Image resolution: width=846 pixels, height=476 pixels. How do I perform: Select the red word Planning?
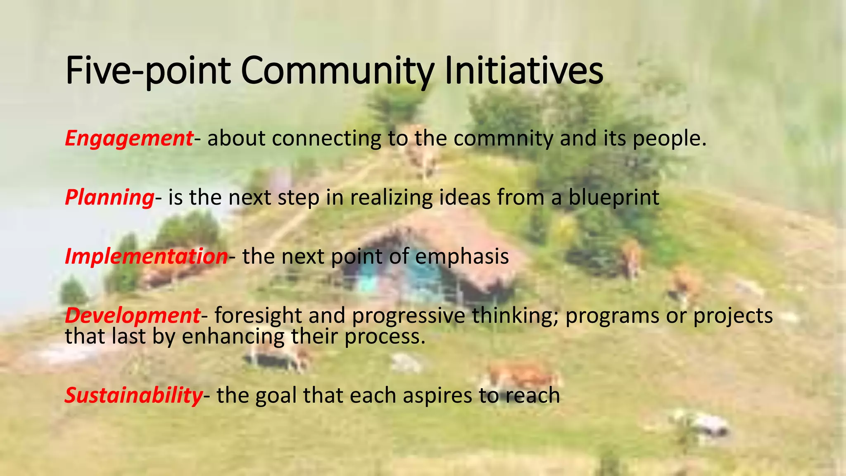point(109,198)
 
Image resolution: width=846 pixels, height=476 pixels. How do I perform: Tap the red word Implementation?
point(146,257)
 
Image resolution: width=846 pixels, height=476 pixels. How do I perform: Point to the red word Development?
point(133,316)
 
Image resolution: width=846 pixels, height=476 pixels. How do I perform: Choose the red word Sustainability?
point(133,395)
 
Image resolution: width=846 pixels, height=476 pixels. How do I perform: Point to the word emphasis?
point(462,257)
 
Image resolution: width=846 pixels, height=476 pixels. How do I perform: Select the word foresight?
point(259,316)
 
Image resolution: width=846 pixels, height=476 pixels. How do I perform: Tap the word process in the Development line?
point(385,337)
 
